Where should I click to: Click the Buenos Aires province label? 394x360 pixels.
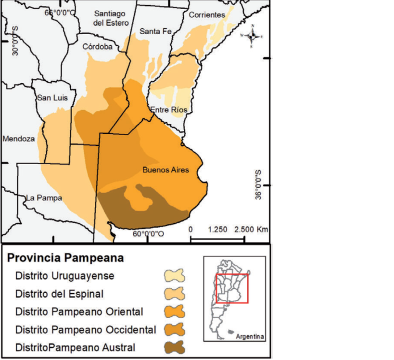point(165,170)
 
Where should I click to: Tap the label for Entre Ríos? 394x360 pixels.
point(168,110)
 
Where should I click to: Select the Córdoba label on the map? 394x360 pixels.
point(97,47)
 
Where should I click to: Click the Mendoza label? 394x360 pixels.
point(18,139)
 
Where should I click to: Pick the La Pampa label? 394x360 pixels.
point(44,198)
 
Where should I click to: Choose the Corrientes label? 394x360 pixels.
point(207,15)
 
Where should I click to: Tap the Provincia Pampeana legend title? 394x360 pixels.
point(65,258)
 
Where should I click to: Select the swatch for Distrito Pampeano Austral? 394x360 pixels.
point(174,347)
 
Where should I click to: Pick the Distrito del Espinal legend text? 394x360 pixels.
point(60,294)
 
